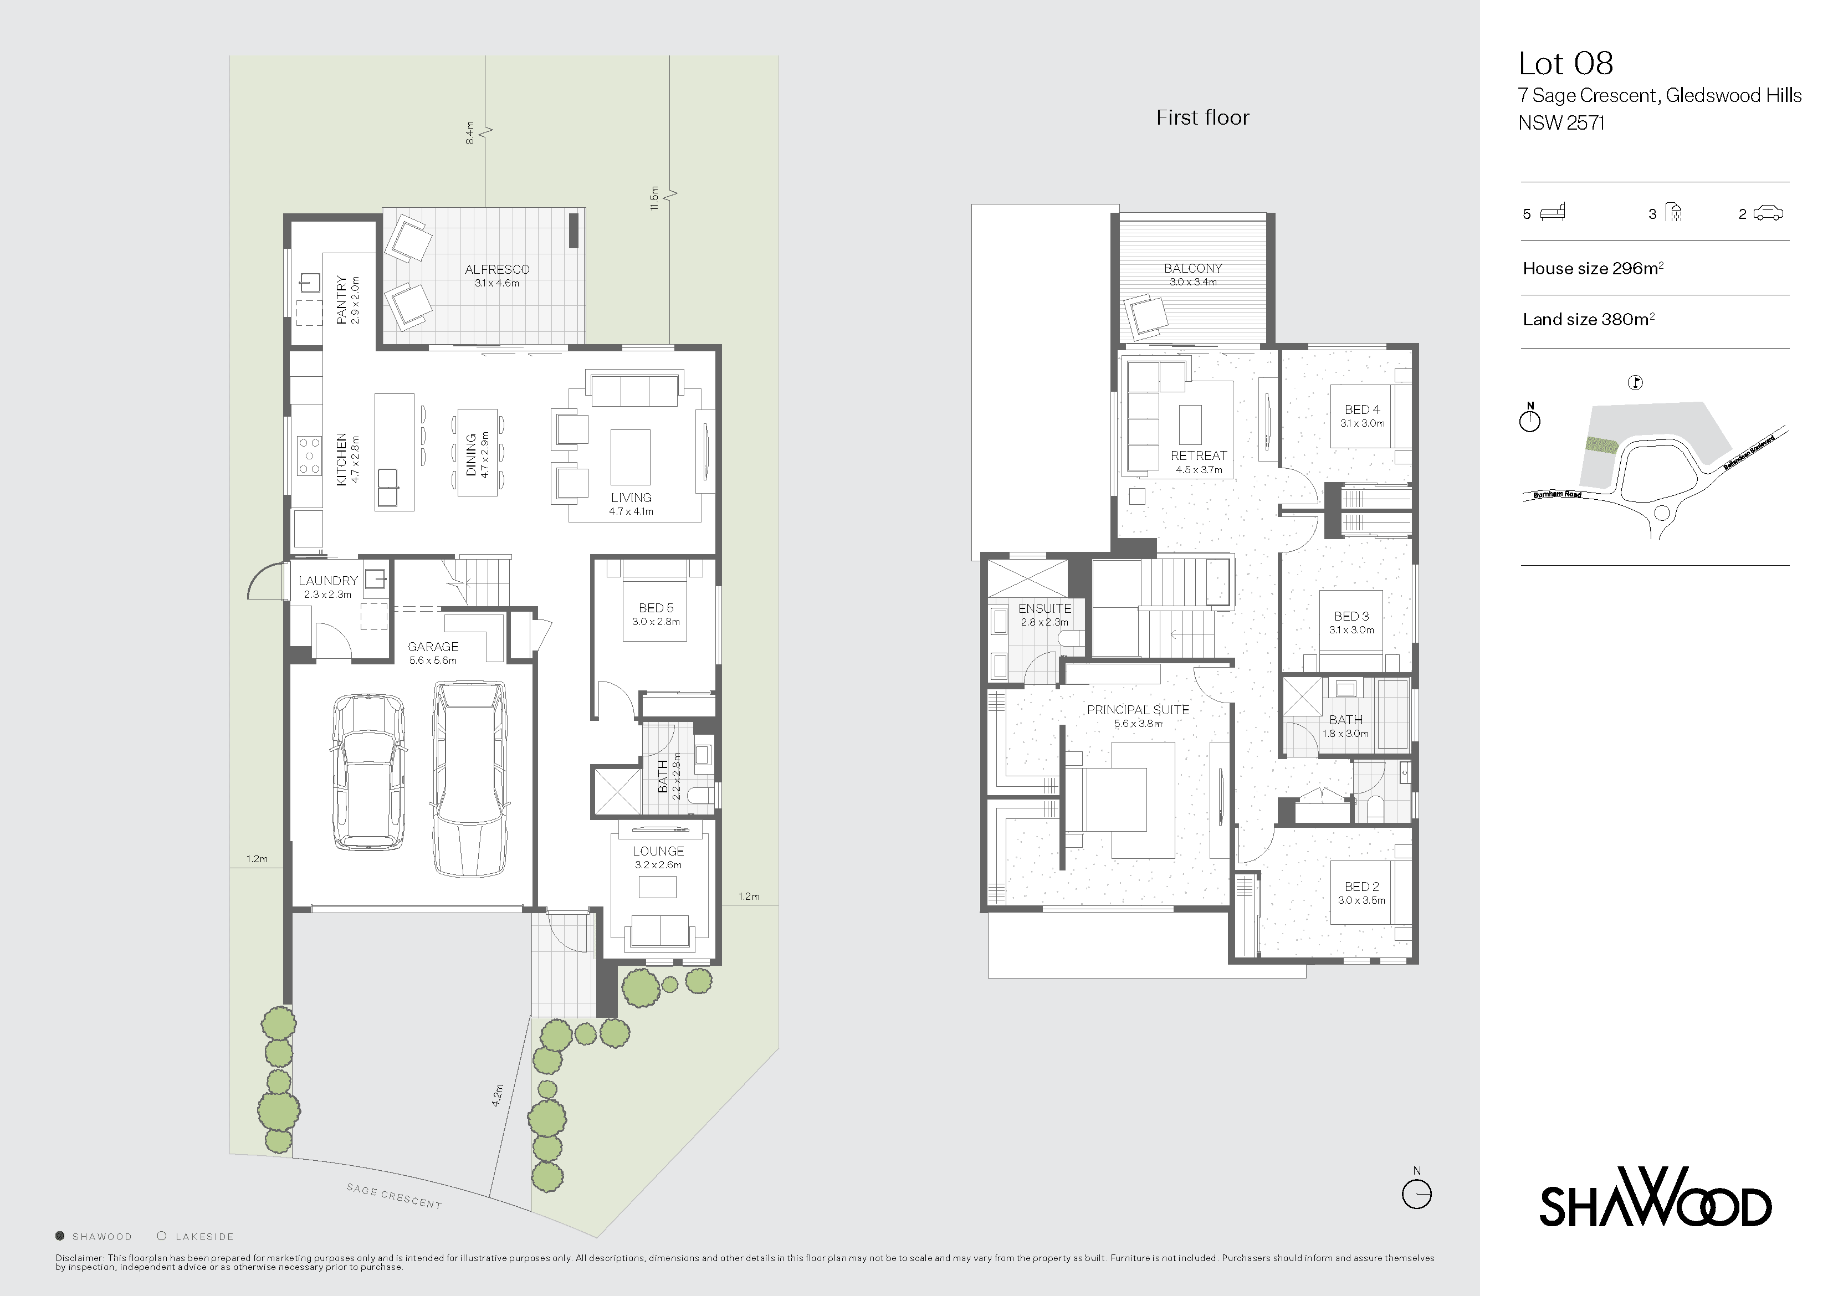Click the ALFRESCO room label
pyautogui.click(x=496, y=270)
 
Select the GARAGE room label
pyautogui.click(x=433, y=647)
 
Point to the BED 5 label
pyautogui.click(x=656, y=608)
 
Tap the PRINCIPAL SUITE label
pyautogui.click(x=1138, y=710)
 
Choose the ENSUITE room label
pyautogui.click(x=1044, y=608)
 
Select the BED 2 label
pyautogui.click(x=1361, y=887)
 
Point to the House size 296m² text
pyautogui.click(x=1593, y=268)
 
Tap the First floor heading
pyautogui.click(x=1202, y=117)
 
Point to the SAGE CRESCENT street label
pyautogui.click(x=393, y=1195)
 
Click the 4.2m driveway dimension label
pyautogui.click(x=498, y=1095)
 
